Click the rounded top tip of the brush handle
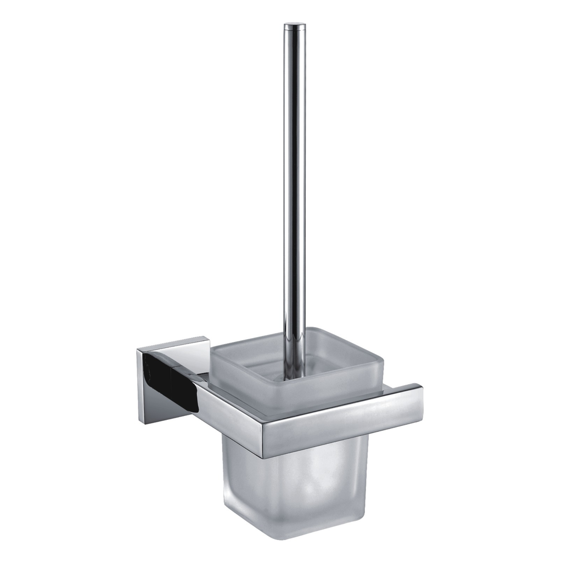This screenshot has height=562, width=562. coord(295,25)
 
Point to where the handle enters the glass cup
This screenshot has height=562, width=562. coord(295,375)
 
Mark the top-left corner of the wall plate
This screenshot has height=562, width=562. coord(137,349)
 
